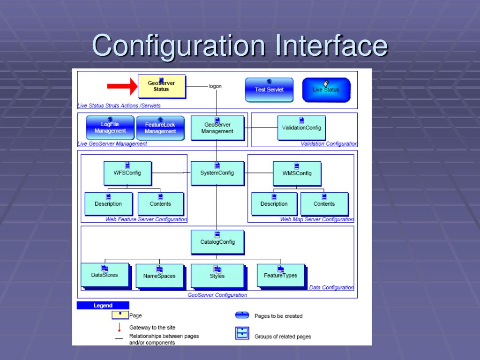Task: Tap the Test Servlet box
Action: (269, 89)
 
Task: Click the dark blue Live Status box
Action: (326, 90)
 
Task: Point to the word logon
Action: (215, 86)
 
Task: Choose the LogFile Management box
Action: (110, 127)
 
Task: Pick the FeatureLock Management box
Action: (160, 128)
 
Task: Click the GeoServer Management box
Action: (217, 127)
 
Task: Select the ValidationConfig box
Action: (301, 127)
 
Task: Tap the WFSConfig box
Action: (127, 173)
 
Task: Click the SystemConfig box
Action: (217, 173)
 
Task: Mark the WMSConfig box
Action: (297, 173)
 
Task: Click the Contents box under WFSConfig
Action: (160, 204)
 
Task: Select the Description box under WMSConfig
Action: (274, 204)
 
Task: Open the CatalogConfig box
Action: (217, 242)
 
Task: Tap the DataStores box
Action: (105, 275)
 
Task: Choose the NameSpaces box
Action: (159, 276)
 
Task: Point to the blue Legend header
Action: (103, 306)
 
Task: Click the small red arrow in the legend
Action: (119, 328)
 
